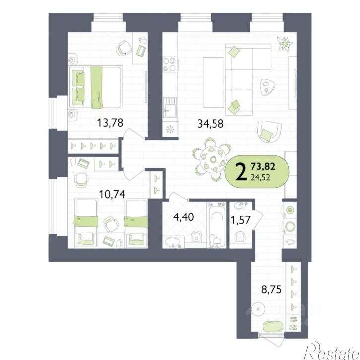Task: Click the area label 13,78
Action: click(110, 122)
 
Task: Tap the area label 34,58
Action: click(211, 124)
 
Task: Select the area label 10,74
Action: click(112, 194)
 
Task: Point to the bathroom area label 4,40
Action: click(184, 216)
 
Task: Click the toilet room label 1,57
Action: click(241, 220)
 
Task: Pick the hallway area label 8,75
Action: click(271, 289)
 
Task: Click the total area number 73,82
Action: click(263, 166)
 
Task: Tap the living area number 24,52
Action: click(260, 177)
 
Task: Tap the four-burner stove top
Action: click(169, 64)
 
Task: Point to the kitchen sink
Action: click(170, 107)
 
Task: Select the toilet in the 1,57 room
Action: click(240, 237)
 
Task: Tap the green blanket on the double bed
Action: click(97, 87)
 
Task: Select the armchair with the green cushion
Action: click(269, 131)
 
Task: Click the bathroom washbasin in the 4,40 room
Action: click(173, 242)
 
